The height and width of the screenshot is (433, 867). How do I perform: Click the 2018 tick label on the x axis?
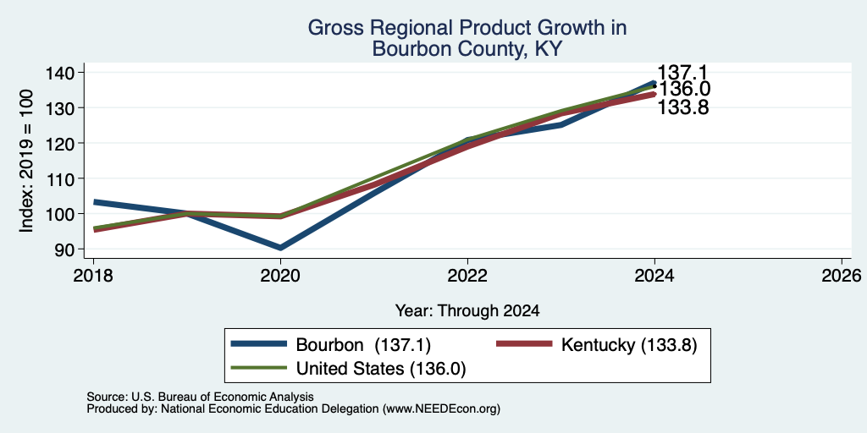[x=93, y=275]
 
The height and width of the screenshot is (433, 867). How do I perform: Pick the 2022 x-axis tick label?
[x=467, y=275]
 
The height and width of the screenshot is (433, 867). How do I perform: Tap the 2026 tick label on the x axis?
[x=842, y=275]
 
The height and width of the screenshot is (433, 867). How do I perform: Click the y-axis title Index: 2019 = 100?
[x=26, y=161]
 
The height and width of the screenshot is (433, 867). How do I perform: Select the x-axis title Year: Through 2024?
[x=467, y=311]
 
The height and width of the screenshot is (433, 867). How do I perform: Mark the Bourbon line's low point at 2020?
[x=280, y=248]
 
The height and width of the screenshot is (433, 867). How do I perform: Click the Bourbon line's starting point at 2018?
[x=94, y=202]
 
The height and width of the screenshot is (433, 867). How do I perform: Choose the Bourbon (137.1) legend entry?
[x=331, y=345]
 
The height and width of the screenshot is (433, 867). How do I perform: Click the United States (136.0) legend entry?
[x=348, y=368]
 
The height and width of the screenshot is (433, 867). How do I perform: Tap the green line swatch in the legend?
[x=259, y=368]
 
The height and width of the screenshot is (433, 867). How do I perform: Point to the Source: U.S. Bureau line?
[x=200, y=397]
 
